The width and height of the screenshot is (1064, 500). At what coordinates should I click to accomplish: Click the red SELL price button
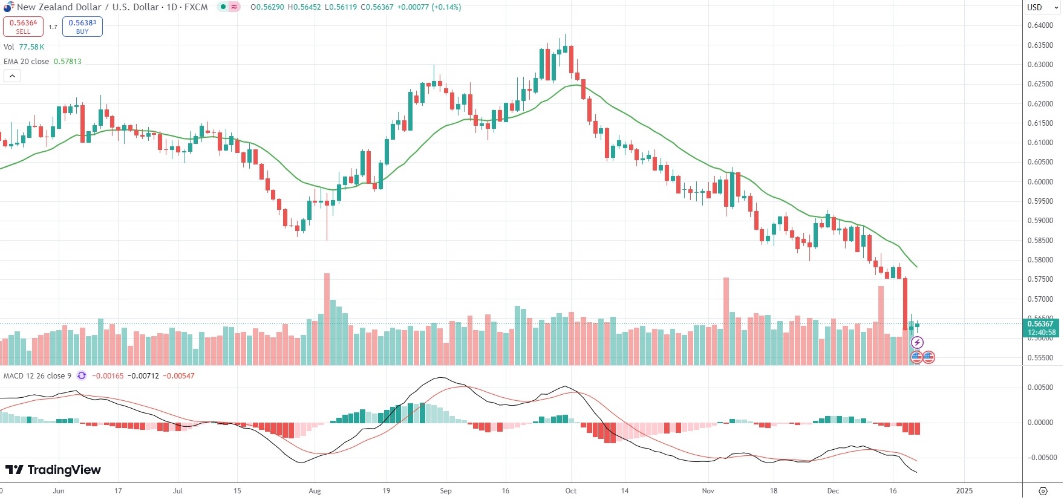(23, 27)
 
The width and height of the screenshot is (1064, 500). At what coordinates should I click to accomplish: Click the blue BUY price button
(82, 27)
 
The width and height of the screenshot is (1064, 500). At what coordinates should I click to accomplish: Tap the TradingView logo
(53, 470)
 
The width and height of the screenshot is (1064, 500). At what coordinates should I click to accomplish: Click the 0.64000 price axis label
(1040, 25)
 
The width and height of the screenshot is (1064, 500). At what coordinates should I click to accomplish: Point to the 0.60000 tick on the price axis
(1040, 182)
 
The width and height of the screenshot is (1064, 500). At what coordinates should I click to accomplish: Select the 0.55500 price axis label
(1040, 358)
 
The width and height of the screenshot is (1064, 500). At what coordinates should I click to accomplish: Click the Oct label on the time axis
(570, 491)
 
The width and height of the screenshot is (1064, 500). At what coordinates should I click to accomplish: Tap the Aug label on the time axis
(315, 491)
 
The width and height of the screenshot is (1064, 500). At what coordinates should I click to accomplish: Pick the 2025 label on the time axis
(964, 491)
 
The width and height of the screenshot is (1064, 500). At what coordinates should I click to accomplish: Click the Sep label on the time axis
(446, 491)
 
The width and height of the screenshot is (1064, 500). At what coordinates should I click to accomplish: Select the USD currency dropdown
(1042, 8)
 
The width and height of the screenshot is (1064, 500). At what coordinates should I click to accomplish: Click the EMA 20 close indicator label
(27, 62)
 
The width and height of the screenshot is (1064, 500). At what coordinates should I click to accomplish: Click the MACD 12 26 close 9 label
(38, 376)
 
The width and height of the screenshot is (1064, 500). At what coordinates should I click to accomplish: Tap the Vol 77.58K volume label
(24, 47)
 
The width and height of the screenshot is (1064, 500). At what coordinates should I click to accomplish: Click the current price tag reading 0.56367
(1041, 324)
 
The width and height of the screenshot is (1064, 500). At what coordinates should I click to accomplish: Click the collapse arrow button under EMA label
(12, 76)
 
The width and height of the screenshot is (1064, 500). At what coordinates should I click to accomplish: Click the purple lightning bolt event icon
(917, 343)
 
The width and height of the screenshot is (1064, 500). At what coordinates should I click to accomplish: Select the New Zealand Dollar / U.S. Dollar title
(111, 7)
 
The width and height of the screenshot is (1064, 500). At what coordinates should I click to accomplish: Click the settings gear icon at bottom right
(1042, 491)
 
